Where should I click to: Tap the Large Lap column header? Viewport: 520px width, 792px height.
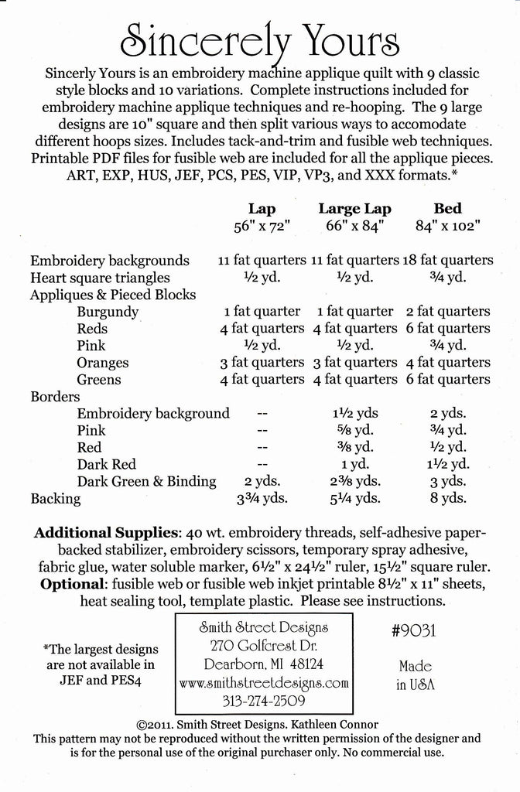point(355,208)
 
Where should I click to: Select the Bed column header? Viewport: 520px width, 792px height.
point(447,208)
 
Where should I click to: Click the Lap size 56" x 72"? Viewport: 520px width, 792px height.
point(262,226)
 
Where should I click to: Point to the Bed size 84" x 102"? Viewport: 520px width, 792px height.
point(447,226)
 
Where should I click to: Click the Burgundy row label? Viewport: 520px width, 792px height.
point(108,312)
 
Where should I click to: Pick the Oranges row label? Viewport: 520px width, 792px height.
point(103,363)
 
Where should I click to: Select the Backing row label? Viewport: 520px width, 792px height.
point(55,499)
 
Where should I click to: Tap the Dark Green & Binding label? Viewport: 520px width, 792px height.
point(146,482)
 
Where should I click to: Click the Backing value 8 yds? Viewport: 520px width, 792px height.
point(447,499)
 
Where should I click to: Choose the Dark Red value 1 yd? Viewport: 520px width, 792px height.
point(355,465)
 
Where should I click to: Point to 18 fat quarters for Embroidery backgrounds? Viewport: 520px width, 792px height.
point(447,261)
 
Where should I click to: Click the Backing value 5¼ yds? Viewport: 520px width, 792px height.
point(355,499)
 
